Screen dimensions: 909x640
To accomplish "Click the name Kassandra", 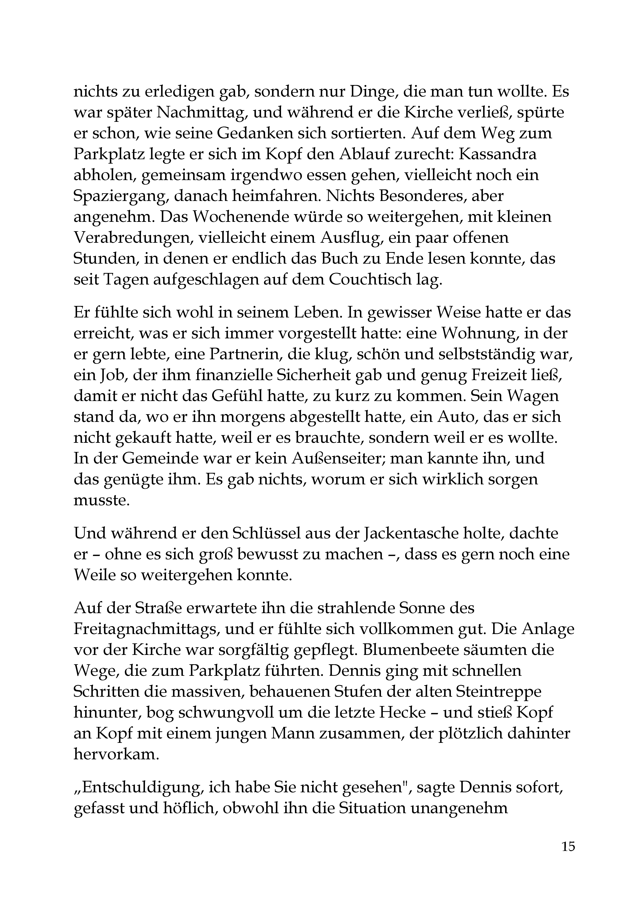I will [x=497, y=154].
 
